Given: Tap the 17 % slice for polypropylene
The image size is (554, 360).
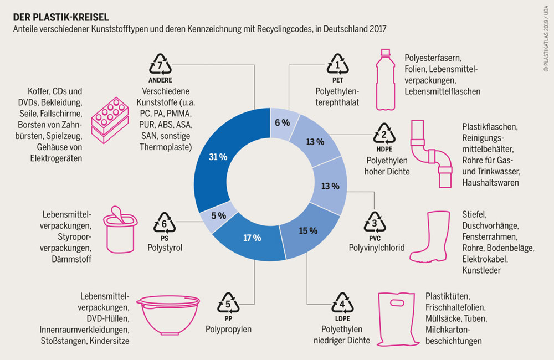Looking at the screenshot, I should click(x=252, y=238).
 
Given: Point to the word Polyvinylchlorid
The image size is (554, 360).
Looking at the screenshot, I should click(x=377, y=247).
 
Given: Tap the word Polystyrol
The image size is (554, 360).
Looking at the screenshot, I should click(x=165, y=247).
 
